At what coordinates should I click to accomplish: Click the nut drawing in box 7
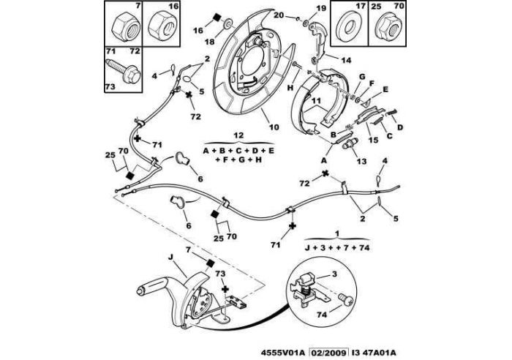click(x=126, y=27)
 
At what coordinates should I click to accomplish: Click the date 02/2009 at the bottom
click(x=328, y=353)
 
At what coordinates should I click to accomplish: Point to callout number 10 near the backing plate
click(x=274, y=127)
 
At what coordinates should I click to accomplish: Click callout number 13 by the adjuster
click(x=362, y=161)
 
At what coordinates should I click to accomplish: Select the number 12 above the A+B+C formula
click(x=238, y=135)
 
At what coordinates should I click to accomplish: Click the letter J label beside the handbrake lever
click(x=170, y=257)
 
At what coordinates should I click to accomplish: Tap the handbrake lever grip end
click(x=141, y=290)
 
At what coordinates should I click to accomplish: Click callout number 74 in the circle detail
click(x=322, y=315)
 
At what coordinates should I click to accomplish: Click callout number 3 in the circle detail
click(x=334, y=274)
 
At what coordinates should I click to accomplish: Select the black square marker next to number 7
click(x=211, y=263)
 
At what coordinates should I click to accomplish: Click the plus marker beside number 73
click(x=225, y=289)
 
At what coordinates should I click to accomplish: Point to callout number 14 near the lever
click(x=346, y=60)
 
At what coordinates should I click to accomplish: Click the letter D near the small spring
click(x=400, y=127)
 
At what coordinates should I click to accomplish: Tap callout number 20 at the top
click(x=279, y=15)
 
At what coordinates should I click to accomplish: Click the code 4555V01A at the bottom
click(x=283, y=353)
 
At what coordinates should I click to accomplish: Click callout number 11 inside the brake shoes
click(x=316, y=101)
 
